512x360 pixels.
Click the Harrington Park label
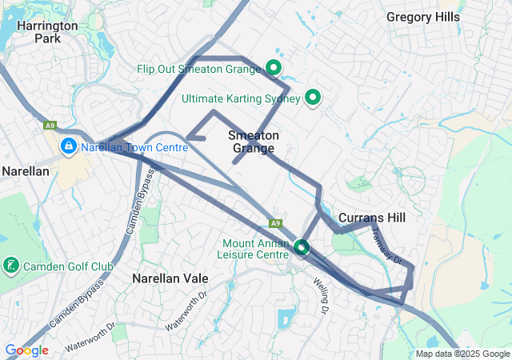[49, 31]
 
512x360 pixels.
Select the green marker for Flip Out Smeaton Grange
[274, 68]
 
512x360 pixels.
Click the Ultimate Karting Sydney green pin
[313, 98]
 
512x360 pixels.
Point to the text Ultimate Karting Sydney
[241, 99]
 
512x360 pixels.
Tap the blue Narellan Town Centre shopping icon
[69, 146]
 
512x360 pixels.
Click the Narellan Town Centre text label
[134, 147]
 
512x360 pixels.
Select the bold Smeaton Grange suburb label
[254, 142]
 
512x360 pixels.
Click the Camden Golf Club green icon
[11, 265]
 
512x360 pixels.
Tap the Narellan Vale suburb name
[170, 278]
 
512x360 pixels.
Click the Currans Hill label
[372, 218]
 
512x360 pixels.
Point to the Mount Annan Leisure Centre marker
[302, 247]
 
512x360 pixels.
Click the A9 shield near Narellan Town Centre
[50, 126]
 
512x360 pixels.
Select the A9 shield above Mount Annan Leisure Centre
[276, 223]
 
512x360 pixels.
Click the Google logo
[26, 350]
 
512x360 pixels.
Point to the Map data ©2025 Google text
[462, 354]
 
